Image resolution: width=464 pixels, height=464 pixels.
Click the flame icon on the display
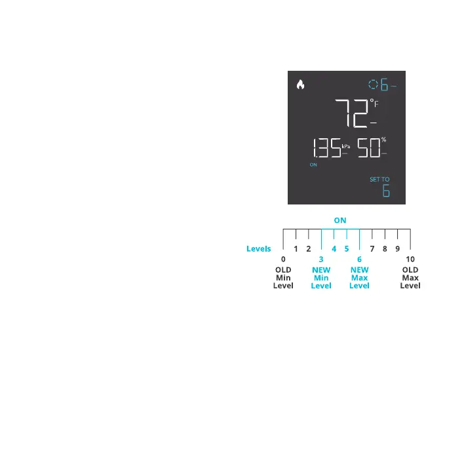pos(301,85)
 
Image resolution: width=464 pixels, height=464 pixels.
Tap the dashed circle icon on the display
pos(373,85)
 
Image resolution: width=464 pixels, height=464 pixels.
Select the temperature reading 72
pos(351,113)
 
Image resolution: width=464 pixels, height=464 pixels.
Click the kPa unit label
pos(346,147)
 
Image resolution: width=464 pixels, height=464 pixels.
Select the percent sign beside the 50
pos(384,140)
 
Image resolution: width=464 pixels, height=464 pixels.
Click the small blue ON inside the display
pos(313,165)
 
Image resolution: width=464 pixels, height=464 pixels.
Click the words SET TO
pos(379,179)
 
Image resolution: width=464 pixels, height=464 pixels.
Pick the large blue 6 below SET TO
pos(386,191)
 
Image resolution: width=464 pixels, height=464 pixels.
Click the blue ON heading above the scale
pos(339,220)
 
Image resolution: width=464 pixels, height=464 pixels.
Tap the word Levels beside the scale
pos(258,249)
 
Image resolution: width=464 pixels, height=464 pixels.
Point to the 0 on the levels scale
pos(283,260)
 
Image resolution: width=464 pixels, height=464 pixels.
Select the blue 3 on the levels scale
pos(321,260)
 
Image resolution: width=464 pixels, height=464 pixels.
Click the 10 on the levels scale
pos(410,260)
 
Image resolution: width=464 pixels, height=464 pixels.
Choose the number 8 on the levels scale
pos(385,249)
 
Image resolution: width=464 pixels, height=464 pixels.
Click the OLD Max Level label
pos(410,278)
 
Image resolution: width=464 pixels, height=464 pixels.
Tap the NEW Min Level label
pos(321,278)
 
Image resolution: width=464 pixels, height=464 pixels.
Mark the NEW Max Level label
pos(359,278)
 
